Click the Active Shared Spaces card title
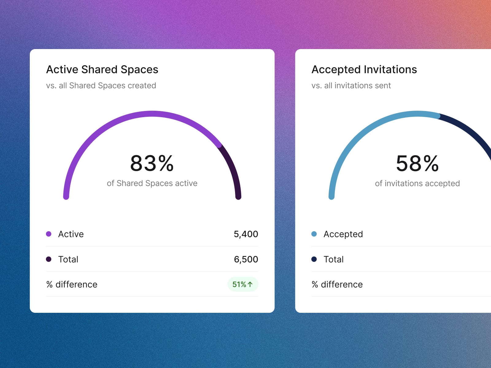pos(102,70)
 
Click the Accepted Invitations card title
pos(364,70)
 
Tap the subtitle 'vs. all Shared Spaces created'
pos(101,86)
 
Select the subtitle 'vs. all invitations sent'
pos(351,86)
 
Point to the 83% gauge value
pos(152,163)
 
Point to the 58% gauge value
pos(417,163)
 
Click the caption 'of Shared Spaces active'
pos(152,183)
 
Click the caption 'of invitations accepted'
pos(417,183)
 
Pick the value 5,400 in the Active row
pos(246,234)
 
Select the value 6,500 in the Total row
pos(246,259)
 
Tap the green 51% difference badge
pos(243,284)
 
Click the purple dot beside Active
pos(48,234)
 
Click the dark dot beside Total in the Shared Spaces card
pos(48,259)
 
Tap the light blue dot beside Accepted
pos(314,234)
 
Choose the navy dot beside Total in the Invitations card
pos(314,259)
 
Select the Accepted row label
pos(343,234)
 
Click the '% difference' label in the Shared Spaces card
pos(72,284)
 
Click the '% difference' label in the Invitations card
pos(337,284)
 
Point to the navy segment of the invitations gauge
pos(470,129)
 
